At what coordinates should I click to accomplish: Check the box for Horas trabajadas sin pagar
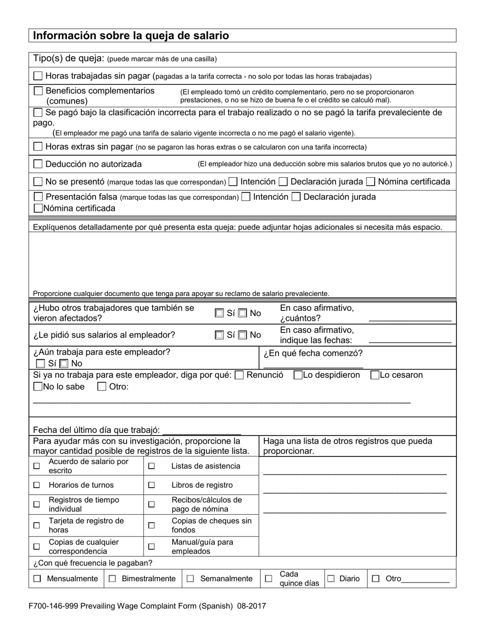[38, 76]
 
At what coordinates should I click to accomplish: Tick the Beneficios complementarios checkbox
[38, 91]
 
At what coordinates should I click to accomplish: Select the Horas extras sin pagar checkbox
[38, 147]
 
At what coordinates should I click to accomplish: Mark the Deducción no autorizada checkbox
[38, 164]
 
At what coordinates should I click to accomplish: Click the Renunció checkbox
[239, 375]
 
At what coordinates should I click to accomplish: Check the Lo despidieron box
[298, 375]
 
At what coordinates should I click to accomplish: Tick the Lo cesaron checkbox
[375, 375]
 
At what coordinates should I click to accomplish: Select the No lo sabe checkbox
[38, 387]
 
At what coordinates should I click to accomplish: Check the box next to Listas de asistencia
[152, 466]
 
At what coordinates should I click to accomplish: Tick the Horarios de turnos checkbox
[36, 485]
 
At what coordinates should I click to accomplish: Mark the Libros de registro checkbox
[152, 485]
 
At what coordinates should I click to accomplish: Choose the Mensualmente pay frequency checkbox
[37, 579]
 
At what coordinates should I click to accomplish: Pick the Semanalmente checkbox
[190, 579]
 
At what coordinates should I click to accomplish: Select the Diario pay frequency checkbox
[331, 579]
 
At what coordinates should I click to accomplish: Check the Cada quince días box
[269, 579]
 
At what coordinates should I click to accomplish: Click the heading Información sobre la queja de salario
[131, 36]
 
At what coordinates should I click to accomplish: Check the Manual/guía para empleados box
[152, 546]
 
